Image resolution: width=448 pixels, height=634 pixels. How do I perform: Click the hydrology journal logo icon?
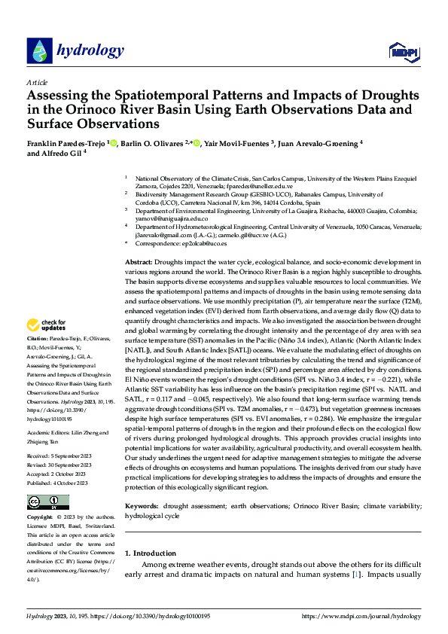click(39, 51)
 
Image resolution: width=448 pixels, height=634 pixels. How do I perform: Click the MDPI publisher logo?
click(401, 51)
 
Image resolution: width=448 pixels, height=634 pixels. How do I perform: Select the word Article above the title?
click(37, 82)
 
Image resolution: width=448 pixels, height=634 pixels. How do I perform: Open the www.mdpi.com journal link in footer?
click(361, 616)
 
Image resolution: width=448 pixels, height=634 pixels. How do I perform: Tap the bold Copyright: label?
click(41, 519)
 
